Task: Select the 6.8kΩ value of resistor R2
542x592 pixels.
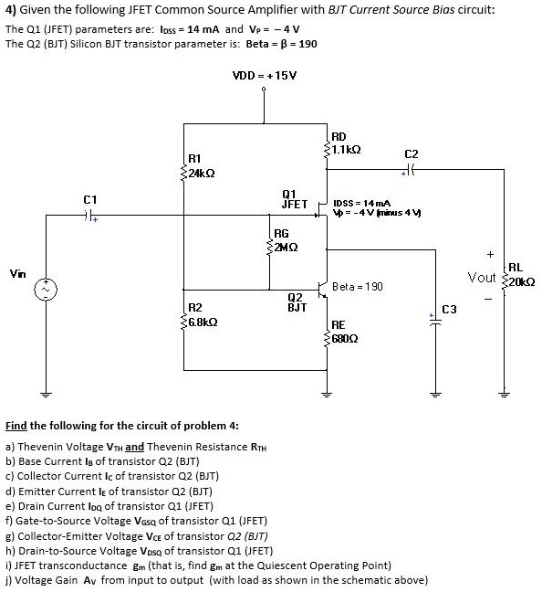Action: (x=202, y=322)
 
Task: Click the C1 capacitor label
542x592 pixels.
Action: (x=89, y=198)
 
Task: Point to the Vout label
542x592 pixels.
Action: (x=482, y=277)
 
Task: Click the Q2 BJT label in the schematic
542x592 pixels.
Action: (x=296, y=302)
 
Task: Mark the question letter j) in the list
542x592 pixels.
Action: (x=9, y=579)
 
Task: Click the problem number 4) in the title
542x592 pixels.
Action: (x=11, y=11)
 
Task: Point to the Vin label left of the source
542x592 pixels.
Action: (x=17, y=272)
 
